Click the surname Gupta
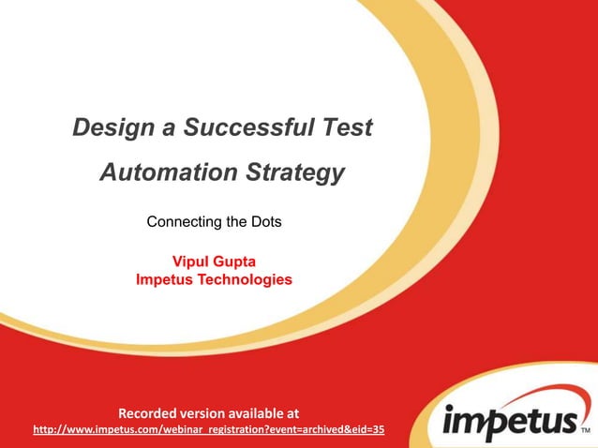[x=237, y=261]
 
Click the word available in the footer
[x=266, y=411]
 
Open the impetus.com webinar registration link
[x=208, y=429]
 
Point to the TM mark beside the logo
[x=586, y=433]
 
